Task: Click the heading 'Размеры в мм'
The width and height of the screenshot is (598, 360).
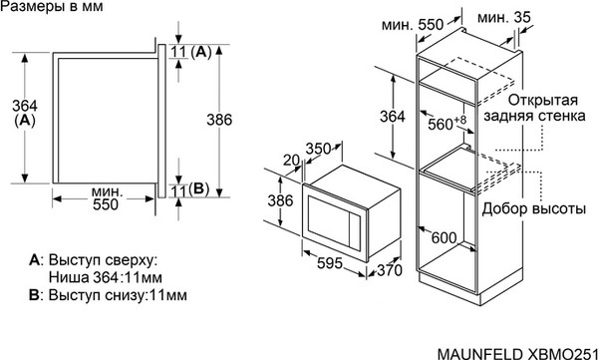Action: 50,9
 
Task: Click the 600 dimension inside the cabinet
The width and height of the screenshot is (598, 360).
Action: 445,237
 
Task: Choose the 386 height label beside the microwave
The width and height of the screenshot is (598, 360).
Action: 284,200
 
